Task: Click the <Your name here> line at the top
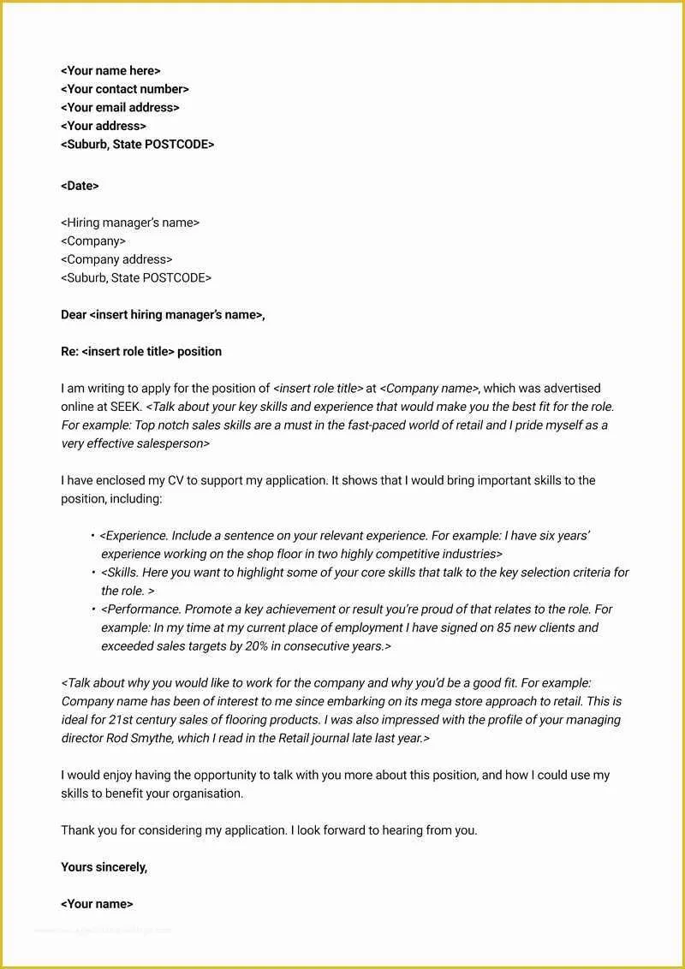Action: (x=110, y=71)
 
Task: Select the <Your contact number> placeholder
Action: (x=125, y=89)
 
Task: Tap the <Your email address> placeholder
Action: (x=120, y=108)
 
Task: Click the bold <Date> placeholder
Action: (x=80, y=186)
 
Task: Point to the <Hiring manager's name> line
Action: (x=130, y=223)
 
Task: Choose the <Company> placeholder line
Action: (x=93, y=241)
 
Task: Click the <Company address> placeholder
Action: (x=116, y=259)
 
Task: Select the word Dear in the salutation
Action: (x=74, y=315)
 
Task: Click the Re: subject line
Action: (x=141, y=352)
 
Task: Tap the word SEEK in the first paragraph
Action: (x=125, y=407)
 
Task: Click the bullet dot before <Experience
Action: (x=92, y=536)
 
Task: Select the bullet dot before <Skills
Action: (x=92, y=573)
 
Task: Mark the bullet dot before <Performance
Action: (x=92, y=609)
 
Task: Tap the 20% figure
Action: (x=258, y=646)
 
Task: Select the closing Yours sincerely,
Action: (x=104, y=867)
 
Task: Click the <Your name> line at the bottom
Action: (x=97, y=904)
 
